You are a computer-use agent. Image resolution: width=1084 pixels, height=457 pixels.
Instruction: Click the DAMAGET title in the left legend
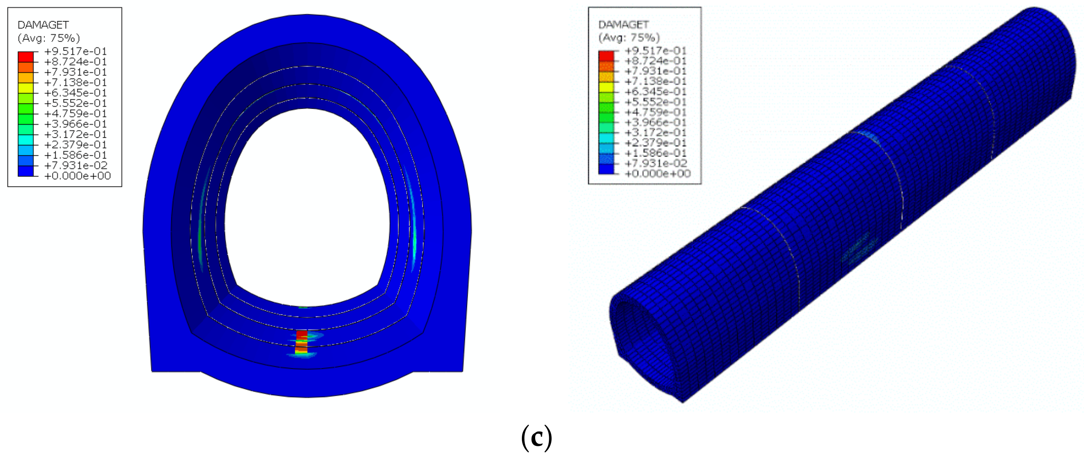43,25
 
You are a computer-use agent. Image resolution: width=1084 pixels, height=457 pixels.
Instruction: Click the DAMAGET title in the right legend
624,24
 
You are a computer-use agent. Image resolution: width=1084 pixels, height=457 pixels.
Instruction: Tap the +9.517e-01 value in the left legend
76,51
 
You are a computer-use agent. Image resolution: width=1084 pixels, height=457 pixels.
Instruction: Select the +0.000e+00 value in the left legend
78,176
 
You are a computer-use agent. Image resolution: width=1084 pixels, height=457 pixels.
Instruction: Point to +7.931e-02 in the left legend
76,165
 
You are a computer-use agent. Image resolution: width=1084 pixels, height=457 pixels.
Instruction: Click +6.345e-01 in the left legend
76,93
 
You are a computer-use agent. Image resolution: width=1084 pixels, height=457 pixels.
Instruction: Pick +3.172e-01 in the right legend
656,132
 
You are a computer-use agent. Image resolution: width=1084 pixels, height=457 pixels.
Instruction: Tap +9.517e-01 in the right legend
656,51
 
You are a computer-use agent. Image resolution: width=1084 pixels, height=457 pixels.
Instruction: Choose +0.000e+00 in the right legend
658,173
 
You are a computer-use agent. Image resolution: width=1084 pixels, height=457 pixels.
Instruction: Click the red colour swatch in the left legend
26,57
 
